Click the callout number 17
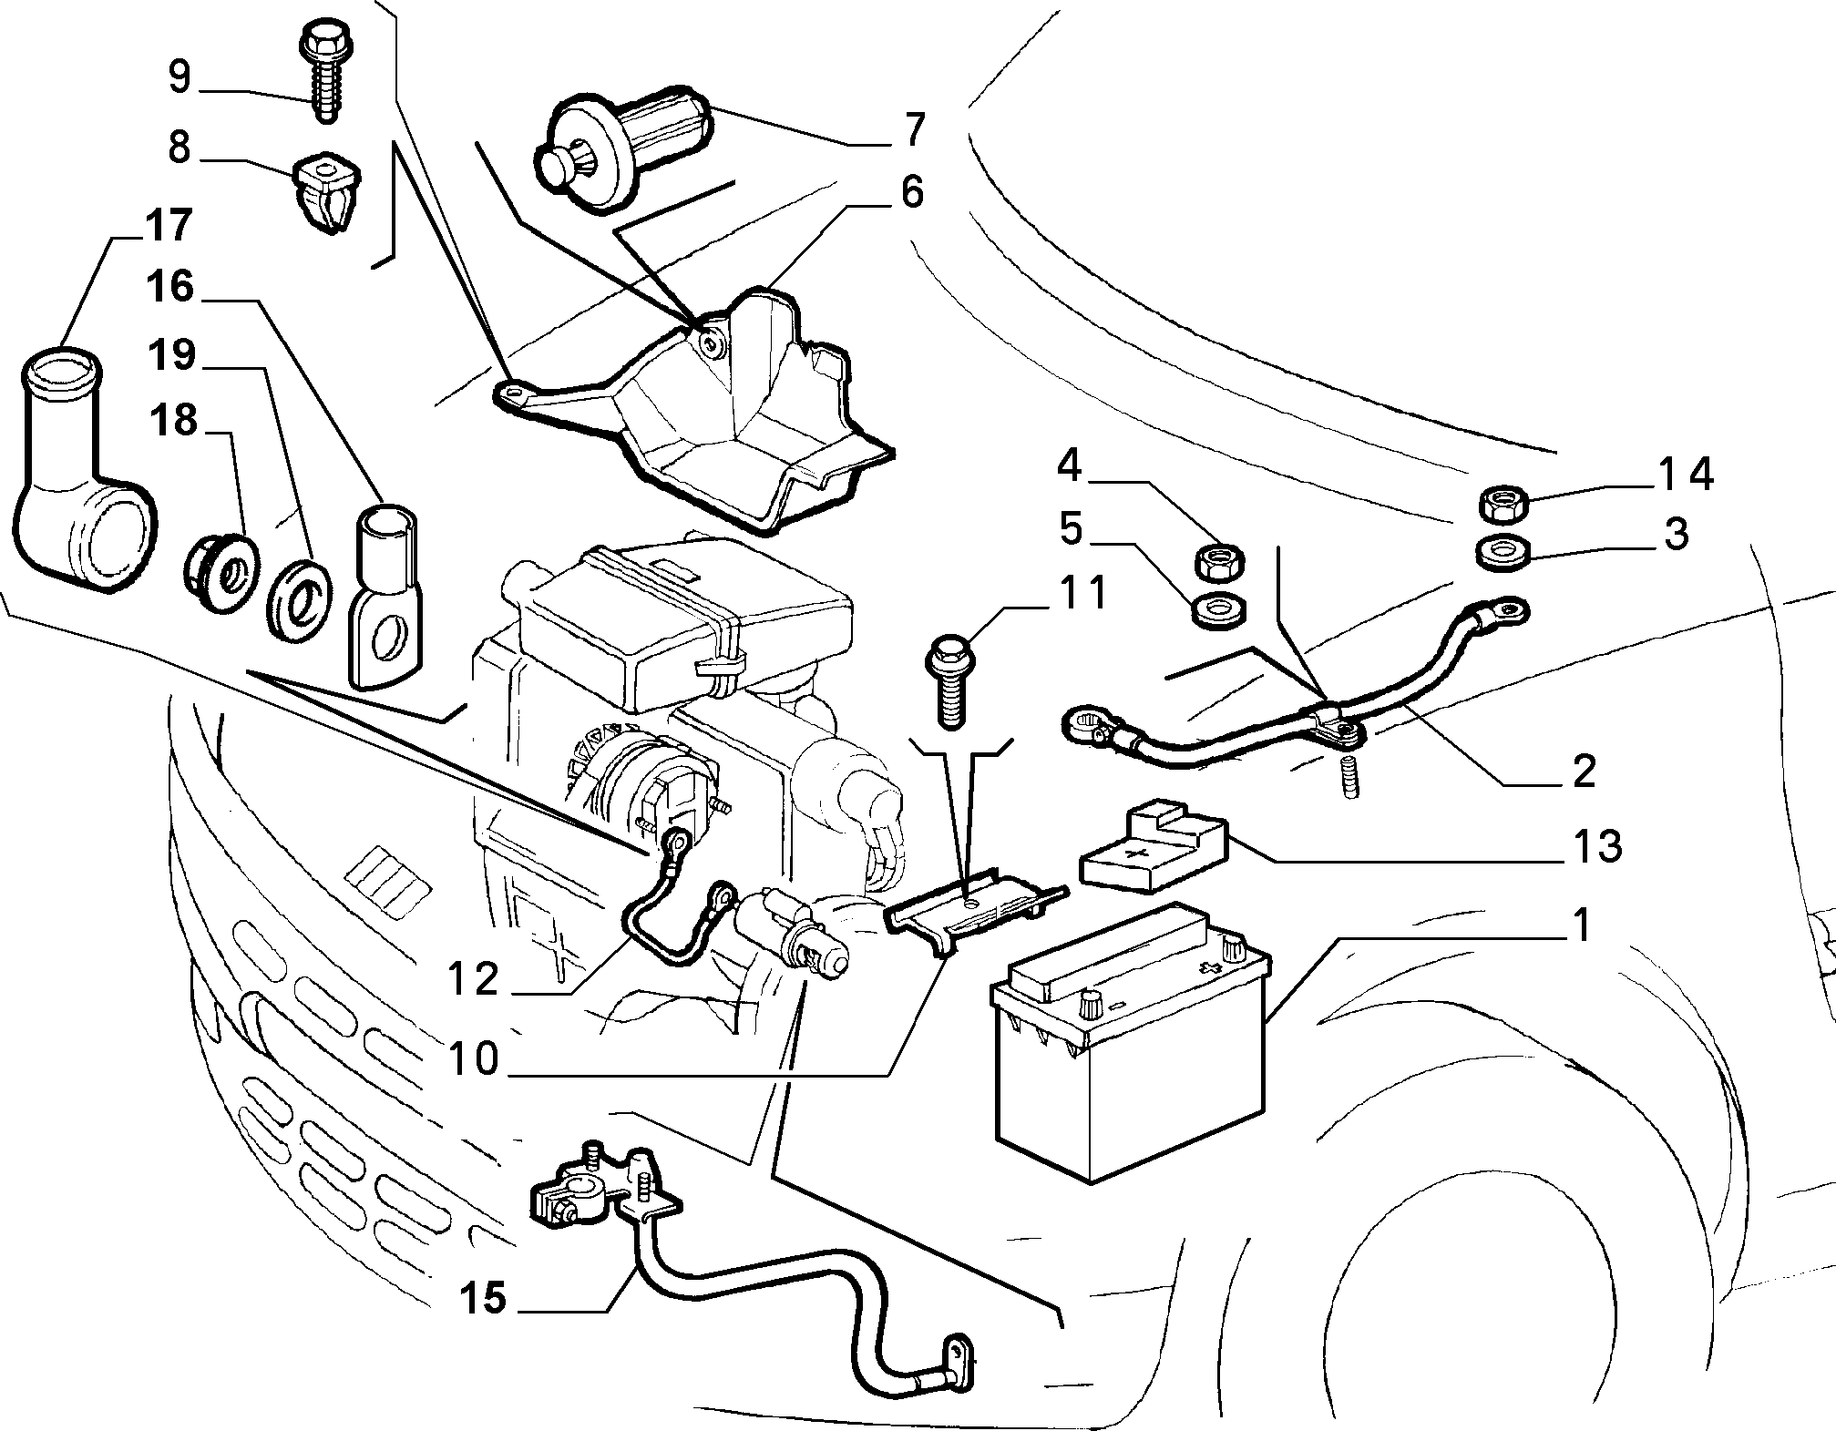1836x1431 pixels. [x=169, y=225]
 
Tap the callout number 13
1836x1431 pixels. [x=1597, y=846]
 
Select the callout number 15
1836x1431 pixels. [x=482, y=1297]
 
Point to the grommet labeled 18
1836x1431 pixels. [x=219, y=578]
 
